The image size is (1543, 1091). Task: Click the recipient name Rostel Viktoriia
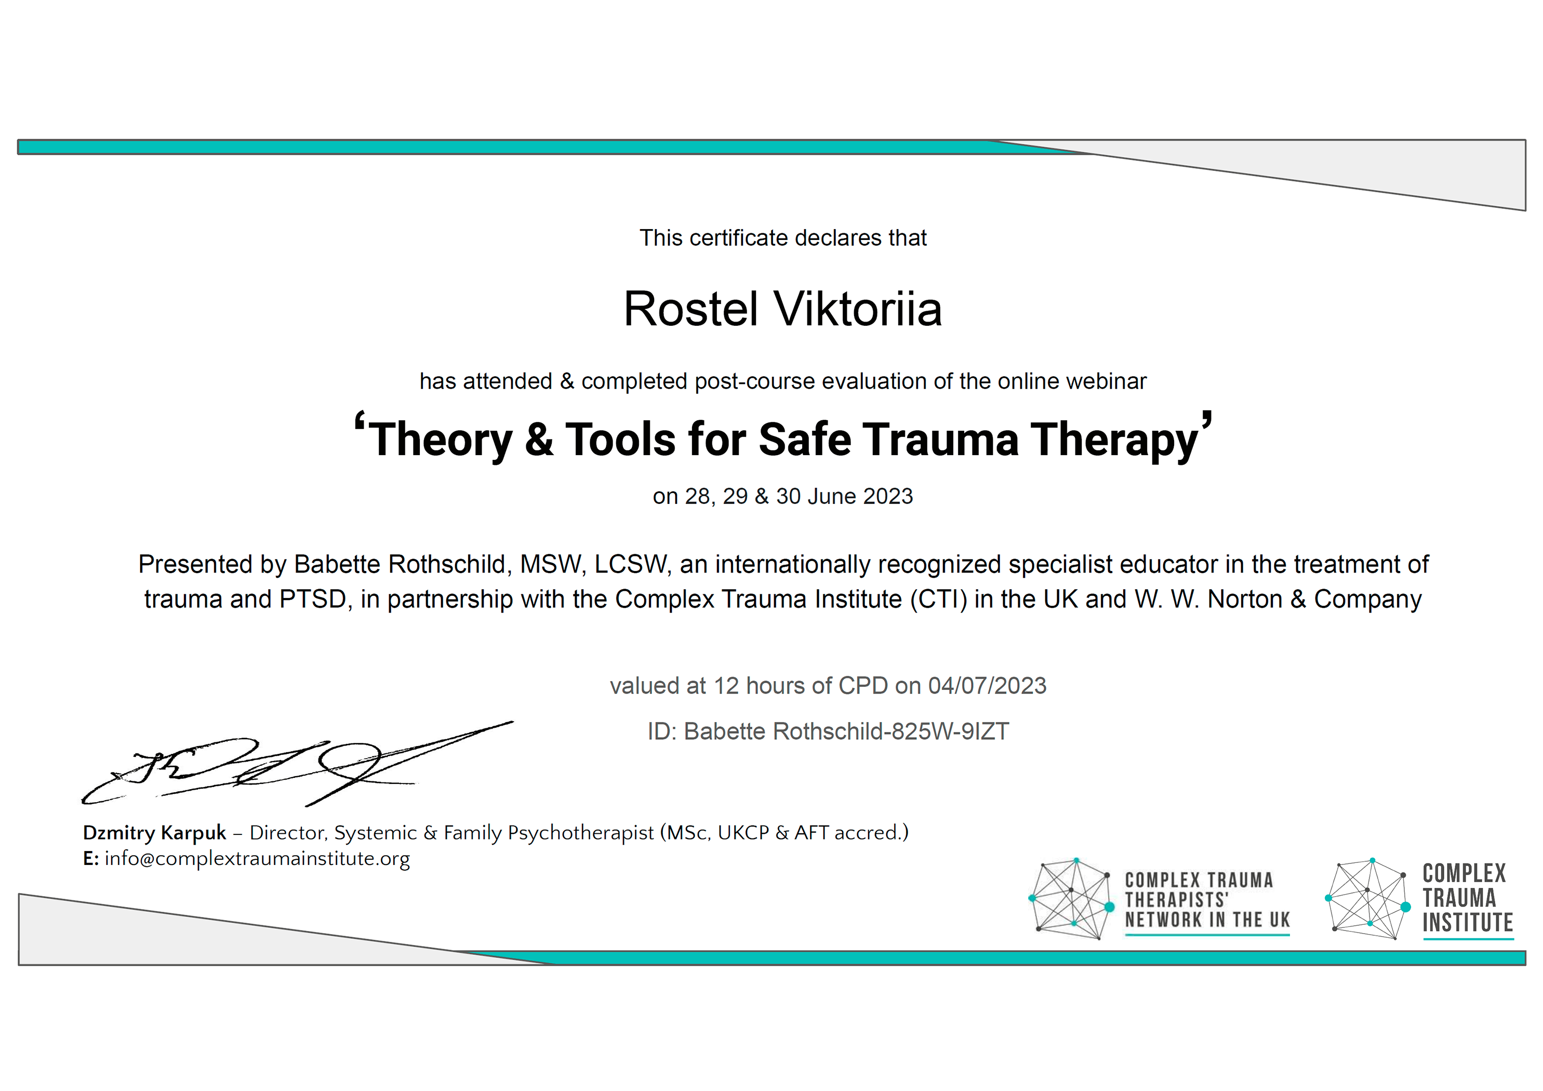tap(783, 309)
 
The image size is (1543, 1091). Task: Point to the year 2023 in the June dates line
tap(888, 496)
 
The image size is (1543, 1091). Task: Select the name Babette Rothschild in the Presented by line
tap(400, 565)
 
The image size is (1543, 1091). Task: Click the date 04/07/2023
tap(987, 686)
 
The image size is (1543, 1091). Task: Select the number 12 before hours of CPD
tap(726, 686)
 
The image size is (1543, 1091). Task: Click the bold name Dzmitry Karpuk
tap(155, 833)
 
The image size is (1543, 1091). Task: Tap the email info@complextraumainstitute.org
tap(257, 859)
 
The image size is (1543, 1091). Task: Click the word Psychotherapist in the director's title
tap(581, 833)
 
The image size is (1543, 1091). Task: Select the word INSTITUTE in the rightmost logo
tap(1468, 922)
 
